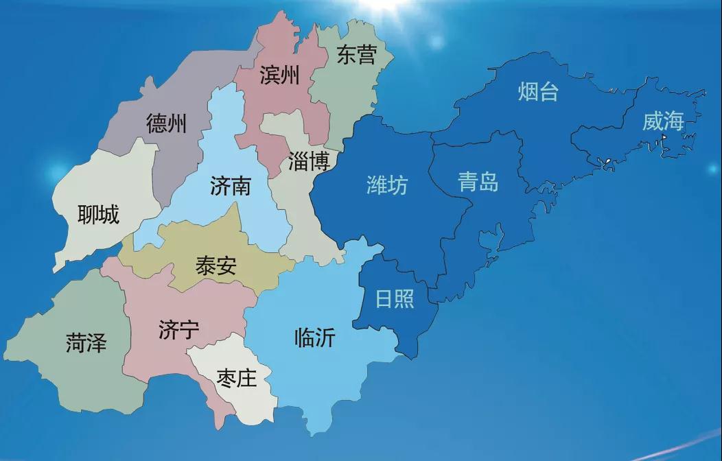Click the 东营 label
tap(357, 55)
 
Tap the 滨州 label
tap(279, 75)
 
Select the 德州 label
tap(166, 124)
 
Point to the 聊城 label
tap(98, 215)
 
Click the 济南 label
tap(231, 185)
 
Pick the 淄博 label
tap(309, 161)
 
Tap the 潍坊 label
tap(387, 185)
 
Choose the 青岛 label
tap(478, 182)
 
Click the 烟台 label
tap(538, 92)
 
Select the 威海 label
tap(663, 122)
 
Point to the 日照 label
tap(395, 299)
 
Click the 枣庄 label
tap(236, 378)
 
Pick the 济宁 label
tap(178, 330)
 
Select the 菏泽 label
tap(86, 342)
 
